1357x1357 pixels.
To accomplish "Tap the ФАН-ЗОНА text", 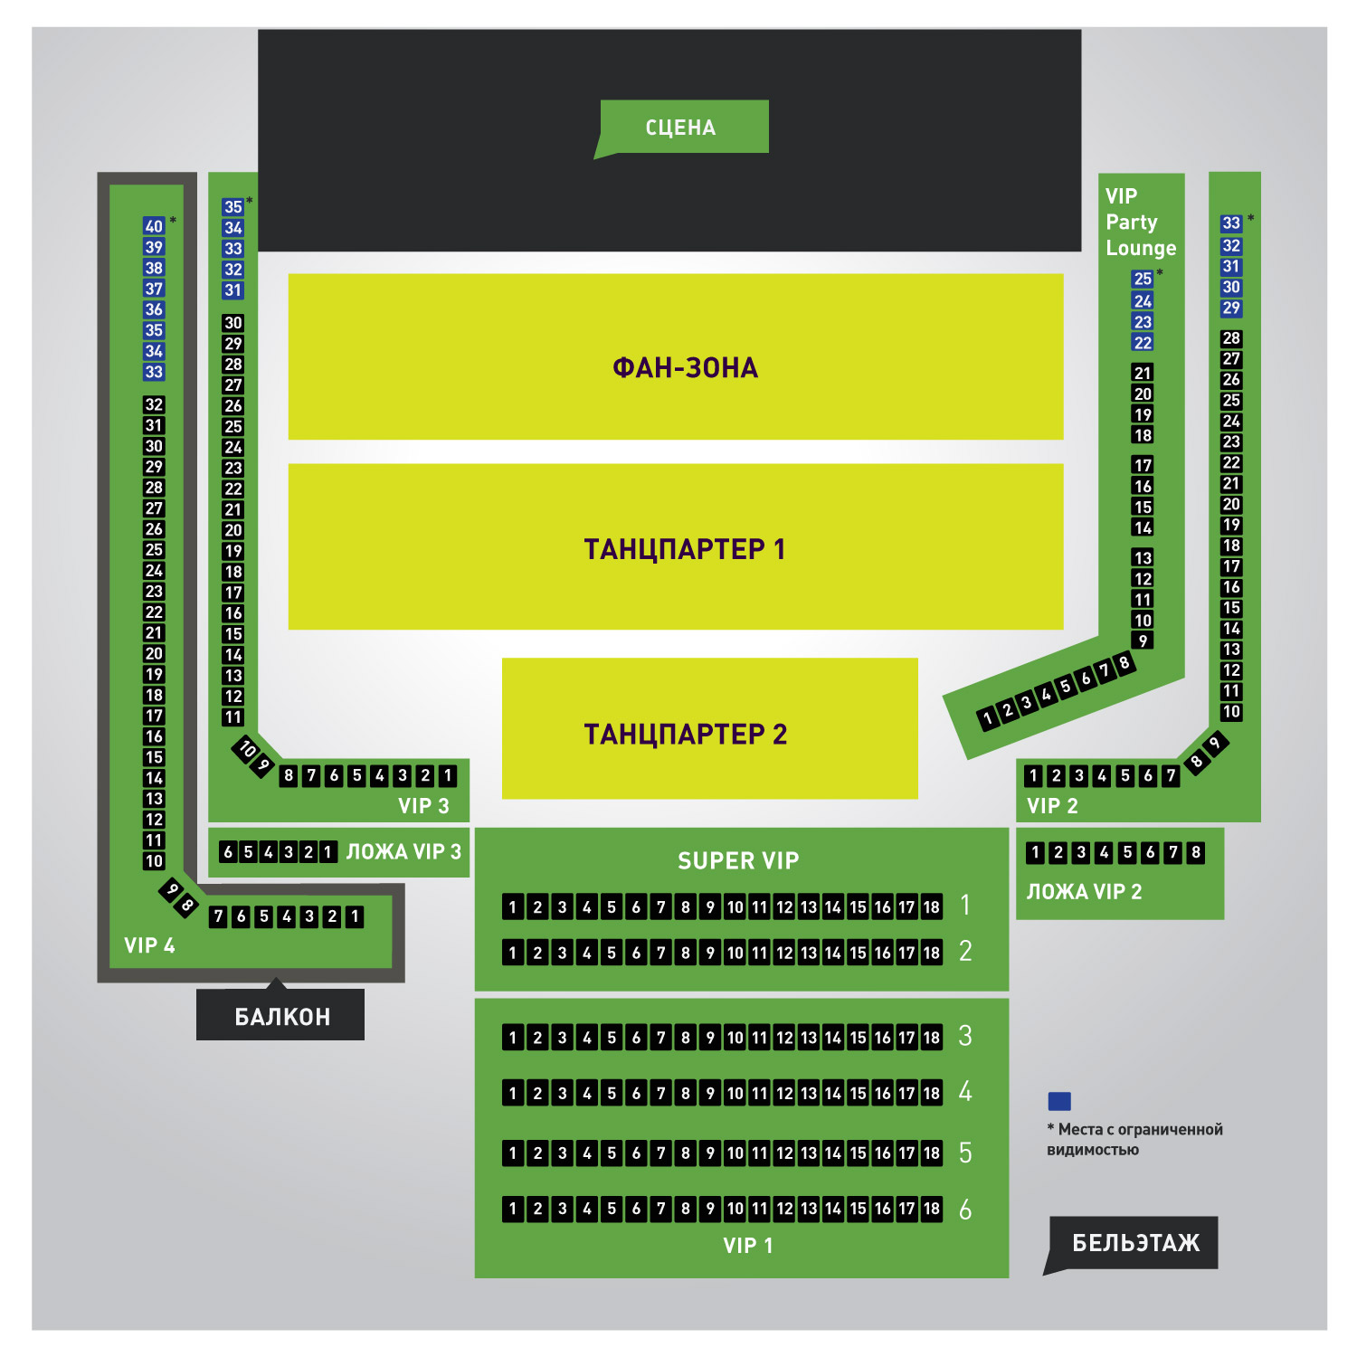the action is coord(685,367).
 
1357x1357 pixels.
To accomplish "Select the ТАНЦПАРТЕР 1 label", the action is coord(684,549).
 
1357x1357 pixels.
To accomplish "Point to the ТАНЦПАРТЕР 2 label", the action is coord(685,734).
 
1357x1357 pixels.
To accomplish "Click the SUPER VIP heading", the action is coord(738,860).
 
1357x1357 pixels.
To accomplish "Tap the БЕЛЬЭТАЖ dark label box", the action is coord(1134,1243).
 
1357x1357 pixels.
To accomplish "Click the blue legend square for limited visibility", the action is coord(1059,1101).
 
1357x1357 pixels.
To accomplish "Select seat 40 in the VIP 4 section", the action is coord(154,226).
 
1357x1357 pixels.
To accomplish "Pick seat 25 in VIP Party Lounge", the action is coord(1143,280).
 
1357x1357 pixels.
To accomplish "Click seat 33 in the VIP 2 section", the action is coord(1231,223).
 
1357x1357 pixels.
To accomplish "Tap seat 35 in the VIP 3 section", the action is coord(233,207).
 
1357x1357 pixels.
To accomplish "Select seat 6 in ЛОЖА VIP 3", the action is coord(228,851).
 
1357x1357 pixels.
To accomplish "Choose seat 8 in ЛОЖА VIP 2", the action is coord(1196,852).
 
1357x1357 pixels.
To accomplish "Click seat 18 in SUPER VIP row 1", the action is coord(931,907).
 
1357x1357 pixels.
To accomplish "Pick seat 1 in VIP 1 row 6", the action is coord(513,1209).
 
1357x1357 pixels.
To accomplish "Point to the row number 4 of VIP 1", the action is coord(965,1092).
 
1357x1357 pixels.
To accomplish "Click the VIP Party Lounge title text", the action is coord(1140,222).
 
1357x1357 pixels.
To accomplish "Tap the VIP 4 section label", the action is coord(149,945).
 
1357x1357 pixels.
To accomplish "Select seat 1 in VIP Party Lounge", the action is coord(988,718).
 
